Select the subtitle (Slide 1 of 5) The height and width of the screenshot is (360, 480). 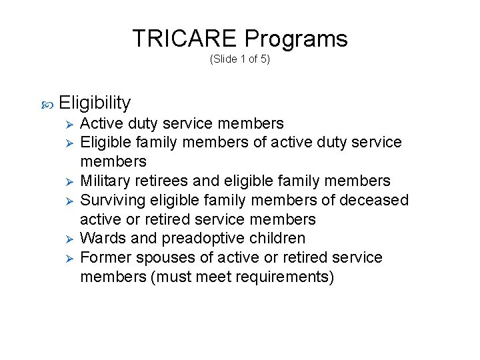point(240,59)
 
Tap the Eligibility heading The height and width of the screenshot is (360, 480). point(95,103)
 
